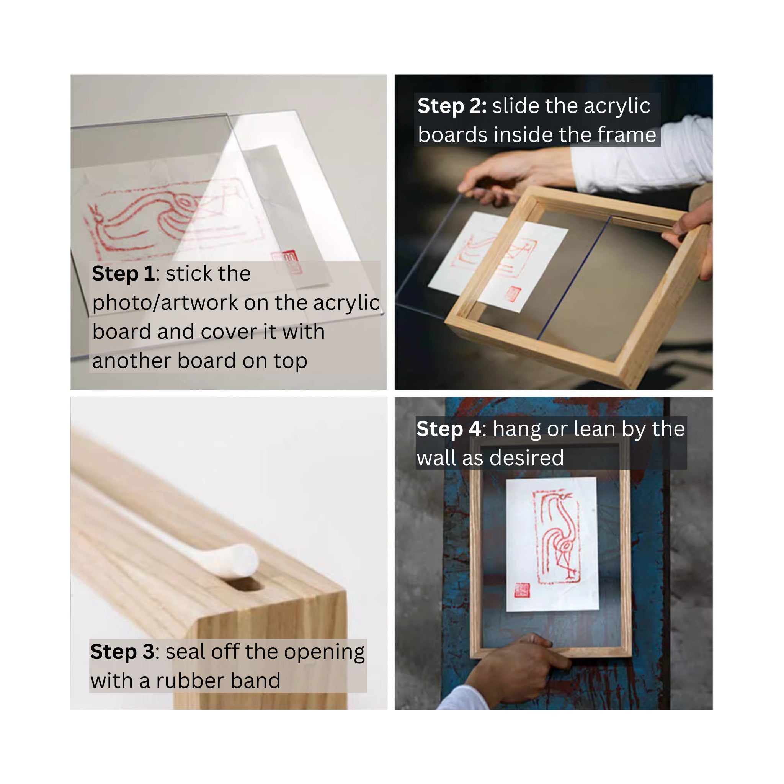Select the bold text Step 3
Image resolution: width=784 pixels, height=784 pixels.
tap(122, 652)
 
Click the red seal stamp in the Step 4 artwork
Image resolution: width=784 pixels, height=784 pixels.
tap(522, 590)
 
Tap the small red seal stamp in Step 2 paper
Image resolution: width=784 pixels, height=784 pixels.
tap(513, 294)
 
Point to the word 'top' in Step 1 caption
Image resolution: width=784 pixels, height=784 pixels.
tap(290, 361)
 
